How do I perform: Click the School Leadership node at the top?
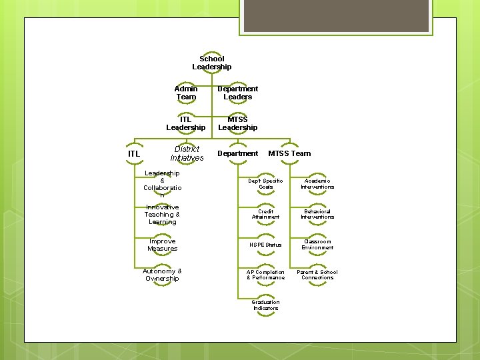coord(212,63)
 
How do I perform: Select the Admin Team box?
coord(186,93)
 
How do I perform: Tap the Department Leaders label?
coord(238,93)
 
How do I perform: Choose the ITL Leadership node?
coord(186,123)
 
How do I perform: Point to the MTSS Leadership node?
coord(238,123)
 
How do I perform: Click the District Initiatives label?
coord(187,154)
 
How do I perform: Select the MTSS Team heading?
coord(289,153)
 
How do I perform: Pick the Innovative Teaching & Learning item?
coord(162,215)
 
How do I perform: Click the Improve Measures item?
coord(162,245)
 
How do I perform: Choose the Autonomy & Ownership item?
coord(162,275)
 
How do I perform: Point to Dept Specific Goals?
coord(265,184)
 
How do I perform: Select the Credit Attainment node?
coord(265,214)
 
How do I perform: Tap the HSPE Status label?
coord(265,245)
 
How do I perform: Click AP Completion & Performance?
coord(265,275)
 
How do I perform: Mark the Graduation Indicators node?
coord(265,305)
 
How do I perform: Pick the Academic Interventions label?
coord(317,184)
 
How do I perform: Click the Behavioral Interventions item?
coord(317,214)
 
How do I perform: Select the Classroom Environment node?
coord(317,245)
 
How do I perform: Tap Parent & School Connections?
coord(317,275)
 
